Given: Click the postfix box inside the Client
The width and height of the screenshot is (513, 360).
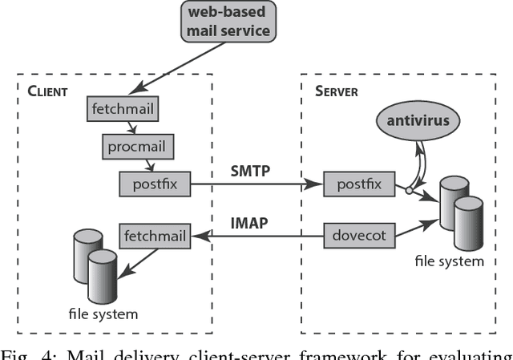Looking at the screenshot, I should point(155,185).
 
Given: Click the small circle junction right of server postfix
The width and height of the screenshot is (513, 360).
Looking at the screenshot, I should point(409,192).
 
